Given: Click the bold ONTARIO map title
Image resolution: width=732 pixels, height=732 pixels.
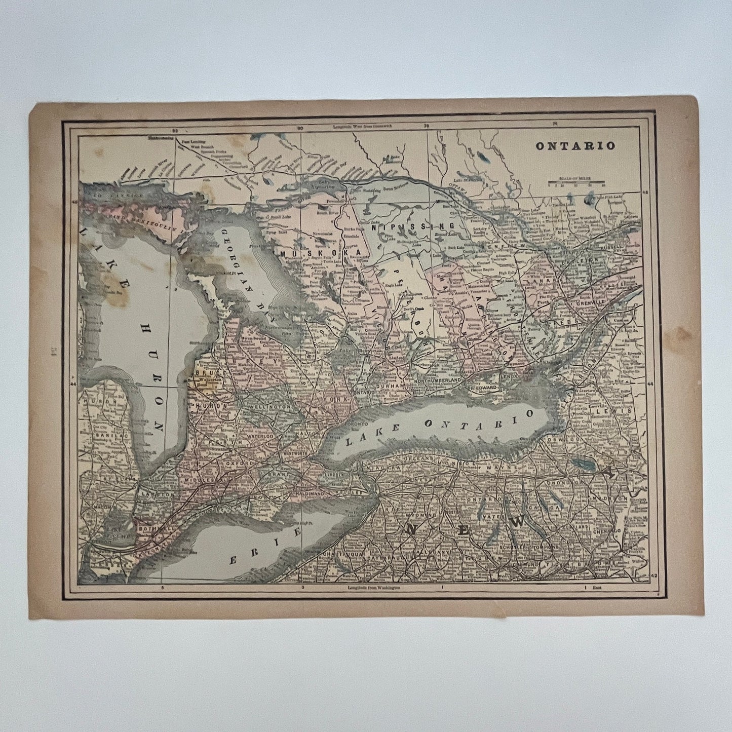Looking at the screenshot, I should coord(576,145).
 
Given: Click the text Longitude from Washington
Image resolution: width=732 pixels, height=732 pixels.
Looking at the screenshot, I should coord(374,588).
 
